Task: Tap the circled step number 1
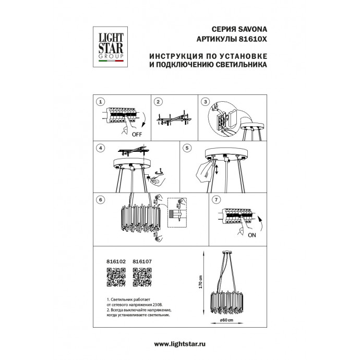(x=101, y=101)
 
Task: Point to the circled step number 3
(x=206, y=101)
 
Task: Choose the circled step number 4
(x=101, y=148)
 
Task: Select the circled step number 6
(x=101, y=199)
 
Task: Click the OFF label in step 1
(x=137, y=134)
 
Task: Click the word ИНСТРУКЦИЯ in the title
(x=174, y=57)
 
